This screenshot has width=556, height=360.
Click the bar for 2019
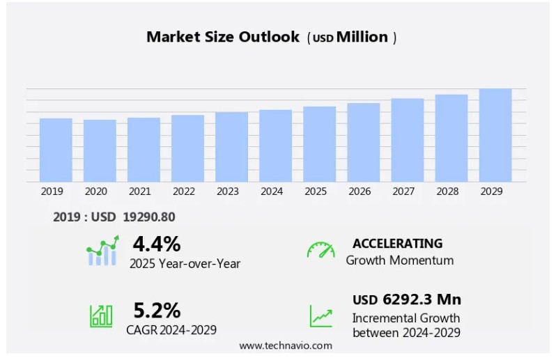pyautogui.click(x=56, y=150)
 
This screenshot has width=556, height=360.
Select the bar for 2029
pyautogui.click(x=495, y=135)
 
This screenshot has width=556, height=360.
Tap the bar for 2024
pyautogui.click(x=275, y=146)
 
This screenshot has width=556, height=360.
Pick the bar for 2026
pyautogui.click(x=363, y=142)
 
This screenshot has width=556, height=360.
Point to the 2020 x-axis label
pyautogui.click(x=95, y=191)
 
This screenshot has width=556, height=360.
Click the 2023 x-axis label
pyautogui.click(x=228, y=191)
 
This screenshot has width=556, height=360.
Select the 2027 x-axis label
pyautogui.click(x=403, y=191)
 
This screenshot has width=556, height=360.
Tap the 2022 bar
pyautogui.click(x=187, y=148)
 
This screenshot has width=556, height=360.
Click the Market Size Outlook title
pyautogui.click(x=223, y=37)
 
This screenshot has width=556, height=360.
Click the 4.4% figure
pyautogui.click(x=157, y=244)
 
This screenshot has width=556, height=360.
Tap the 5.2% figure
pyautogui.click(x=157, y=310)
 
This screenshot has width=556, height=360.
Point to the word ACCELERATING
pyautogui.click(x=397, y=243)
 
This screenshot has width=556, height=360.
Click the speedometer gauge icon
pyautogui.click(x=321, y=250)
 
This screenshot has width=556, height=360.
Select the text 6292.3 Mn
pyautogui.click(x=422, y=299)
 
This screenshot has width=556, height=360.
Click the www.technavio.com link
pyautogui.click(x=286, y=345)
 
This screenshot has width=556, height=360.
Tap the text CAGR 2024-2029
pyautogui.click(x=171, y=329)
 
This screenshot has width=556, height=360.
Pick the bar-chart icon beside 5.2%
pyautogui.click(x=101, y=316)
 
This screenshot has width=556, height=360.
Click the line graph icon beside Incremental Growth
pyautogui.click(x=321, y=316)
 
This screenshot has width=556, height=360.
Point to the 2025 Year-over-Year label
pyautogui.click(x=185, y=263)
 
